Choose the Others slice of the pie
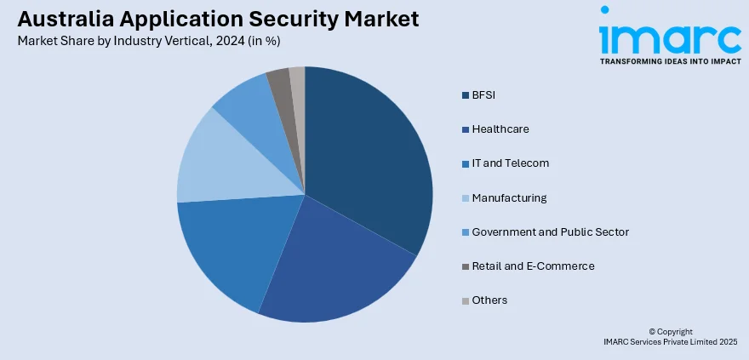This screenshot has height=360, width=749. pos(297,78)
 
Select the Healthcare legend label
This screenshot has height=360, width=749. pos(500,129)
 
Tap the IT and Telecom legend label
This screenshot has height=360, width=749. pos(510,163)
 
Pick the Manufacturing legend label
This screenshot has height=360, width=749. pos(509,197)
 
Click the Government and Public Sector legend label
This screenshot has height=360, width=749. pos(550,231)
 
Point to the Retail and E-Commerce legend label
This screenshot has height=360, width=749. pos(533,266)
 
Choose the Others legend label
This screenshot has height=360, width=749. pos(489,300)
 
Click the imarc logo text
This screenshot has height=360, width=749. pos(670,35)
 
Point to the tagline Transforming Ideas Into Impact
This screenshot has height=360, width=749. pos(670,61)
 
